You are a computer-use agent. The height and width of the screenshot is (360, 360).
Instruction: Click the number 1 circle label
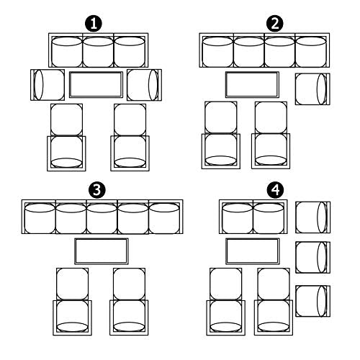click(94, 24)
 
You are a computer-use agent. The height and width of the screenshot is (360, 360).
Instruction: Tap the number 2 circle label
click(275, 24)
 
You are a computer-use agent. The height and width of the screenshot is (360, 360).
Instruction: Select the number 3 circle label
click(97, 189)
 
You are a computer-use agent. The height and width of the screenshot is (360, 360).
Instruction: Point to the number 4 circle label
click(276, 189)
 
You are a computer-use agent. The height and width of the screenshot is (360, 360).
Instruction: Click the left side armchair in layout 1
click(48, 85)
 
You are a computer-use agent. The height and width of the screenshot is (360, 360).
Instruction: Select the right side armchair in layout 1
click(144, 85)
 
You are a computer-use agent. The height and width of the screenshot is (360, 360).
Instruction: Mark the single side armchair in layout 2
click(312, 89)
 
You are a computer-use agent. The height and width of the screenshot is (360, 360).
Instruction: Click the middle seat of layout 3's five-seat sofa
click(102, 218)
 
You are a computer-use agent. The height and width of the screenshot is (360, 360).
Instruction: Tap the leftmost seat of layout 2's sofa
click(217, 52)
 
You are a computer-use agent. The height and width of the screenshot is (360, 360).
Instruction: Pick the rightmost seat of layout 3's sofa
click(164, 218)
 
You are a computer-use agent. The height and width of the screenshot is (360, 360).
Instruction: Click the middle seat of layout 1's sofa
click(98, 52)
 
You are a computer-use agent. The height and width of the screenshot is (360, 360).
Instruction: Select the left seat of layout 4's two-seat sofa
click(238, 218)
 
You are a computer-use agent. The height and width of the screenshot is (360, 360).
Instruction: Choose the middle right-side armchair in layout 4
click(312, 257)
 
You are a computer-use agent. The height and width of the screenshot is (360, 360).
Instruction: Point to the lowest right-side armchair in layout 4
click(312, 301)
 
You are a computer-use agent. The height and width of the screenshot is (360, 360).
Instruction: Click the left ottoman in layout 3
click(72, 284)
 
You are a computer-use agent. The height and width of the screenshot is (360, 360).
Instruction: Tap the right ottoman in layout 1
click(130, 120)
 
